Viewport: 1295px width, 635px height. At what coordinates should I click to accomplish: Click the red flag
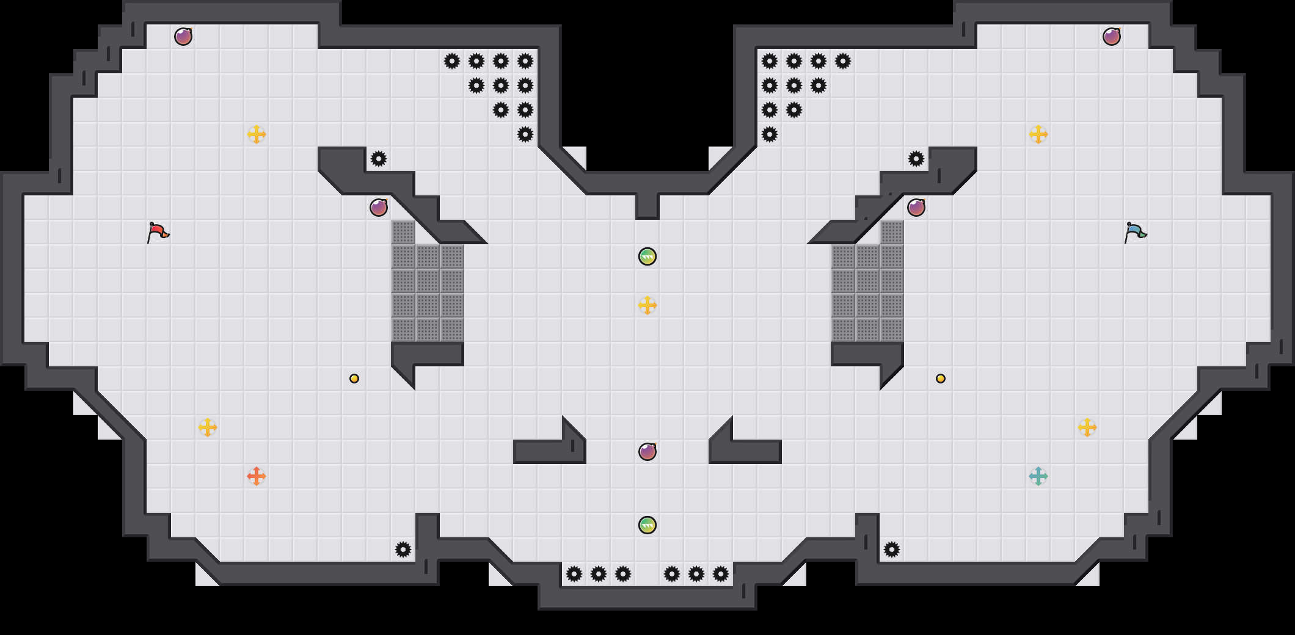coord(158,232)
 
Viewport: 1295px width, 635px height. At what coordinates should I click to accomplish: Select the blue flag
coord(1135,232)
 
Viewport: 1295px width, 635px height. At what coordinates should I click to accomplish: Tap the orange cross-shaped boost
coord(257,476)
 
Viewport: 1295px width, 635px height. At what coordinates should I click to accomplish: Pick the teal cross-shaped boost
coord(1038,476)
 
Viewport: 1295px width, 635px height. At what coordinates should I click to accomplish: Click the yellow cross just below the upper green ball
coord(647,305)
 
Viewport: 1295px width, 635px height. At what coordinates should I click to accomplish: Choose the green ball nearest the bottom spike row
coord(647,525)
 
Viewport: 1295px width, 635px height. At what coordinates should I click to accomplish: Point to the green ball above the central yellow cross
coord(647,256)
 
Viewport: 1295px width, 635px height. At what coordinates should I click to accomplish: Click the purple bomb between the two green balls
coord(647,452)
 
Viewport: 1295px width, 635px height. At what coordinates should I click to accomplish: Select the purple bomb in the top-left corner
coord(183,37)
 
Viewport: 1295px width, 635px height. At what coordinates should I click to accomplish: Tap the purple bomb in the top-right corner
coord(1112,37)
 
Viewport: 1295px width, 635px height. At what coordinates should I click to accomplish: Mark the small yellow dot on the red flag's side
coord(354,379)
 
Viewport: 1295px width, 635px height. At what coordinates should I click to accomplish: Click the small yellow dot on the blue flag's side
coord(941,379)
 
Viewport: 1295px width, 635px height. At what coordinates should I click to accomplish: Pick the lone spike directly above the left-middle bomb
coord(379,159)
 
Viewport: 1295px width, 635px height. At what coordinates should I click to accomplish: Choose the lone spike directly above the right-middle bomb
coord(916,159)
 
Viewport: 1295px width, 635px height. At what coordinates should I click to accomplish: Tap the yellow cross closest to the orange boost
coord(208,427)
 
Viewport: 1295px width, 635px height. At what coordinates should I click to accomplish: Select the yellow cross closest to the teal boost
coord(1087,427)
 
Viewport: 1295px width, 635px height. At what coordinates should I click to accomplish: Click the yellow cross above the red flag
coord(257,134)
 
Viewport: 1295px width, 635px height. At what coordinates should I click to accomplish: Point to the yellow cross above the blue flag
coord(1038,134)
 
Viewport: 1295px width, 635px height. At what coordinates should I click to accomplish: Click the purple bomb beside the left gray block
coord(379,208)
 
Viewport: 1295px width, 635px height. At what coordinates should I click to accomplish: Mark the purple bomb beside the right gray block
coord(916,208)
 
